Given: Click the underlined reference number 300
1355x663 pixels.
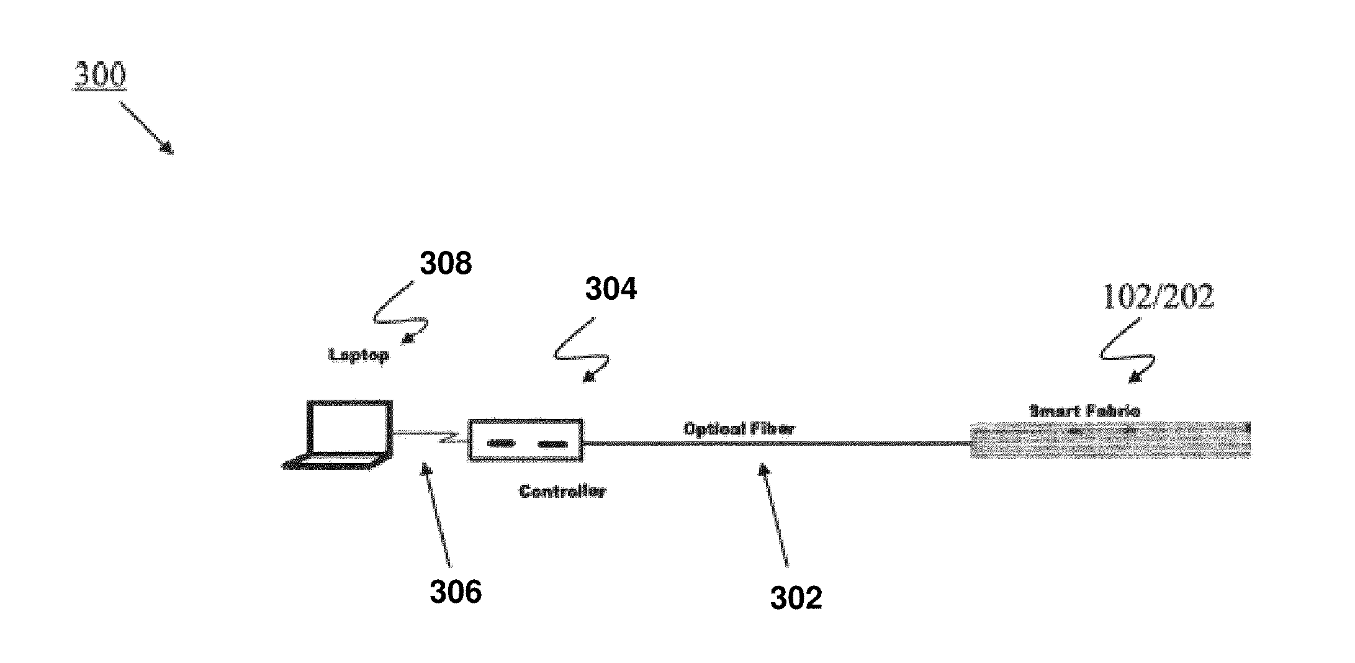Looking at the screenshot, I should pyautogui.click(x=100, y=76).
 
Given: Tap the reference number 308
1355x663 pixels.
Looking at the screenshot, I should pyautogui.click(x=446, y=263).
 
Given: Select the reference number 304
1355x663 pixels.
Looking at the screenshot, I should pyautogui.click(x=611, y=289).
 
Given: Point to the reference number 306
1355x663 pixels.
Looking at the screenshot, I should pyautogui.click(x=456, y=592).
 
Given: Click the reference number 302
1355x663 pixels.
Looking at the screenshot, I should pyautogui.click(x=796, y=598).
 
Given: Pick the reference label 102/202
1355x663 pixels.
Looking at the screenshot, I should pyautogui.click(x=1158, y=297).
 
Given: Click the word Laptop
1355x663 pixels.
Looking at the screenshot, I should pyautogui.click(x=359, y=355).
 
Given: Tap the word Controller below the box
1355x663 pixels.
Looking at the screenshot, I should pyautogui.click(x=562, y=492).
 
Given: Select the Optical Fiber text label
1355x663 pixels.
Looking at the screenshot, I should pyautogui.click(x=739, y=428).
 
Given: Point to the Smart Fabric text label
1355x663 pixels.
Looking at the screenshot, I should pyautogui.click(x=1084, y=411).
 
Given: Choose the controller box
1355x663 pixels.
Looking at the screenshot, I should pyautogui.click(x=525, y=440).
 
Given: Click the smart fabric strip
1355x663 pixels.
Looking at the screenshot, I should pyautogui.click(x=1110, y=440).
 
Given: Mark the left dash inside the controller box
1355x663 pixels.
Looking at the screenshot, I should pyautogui.click(x=501, y=443).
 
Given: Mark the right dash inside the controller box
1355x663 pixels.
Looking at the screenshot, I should pyautogui.click(x=552, y=443).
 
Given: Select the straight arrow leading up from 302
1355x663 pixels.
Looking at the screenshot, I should pyautogui.click(x=775, y=515).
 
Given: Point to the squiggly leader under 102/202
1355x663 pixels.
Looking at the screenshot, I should pyautogui.click(x=1127, y=351).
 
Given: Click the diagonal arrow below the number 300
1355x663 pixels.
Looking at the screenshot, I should pyautogui.click(x=146, y=128).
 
